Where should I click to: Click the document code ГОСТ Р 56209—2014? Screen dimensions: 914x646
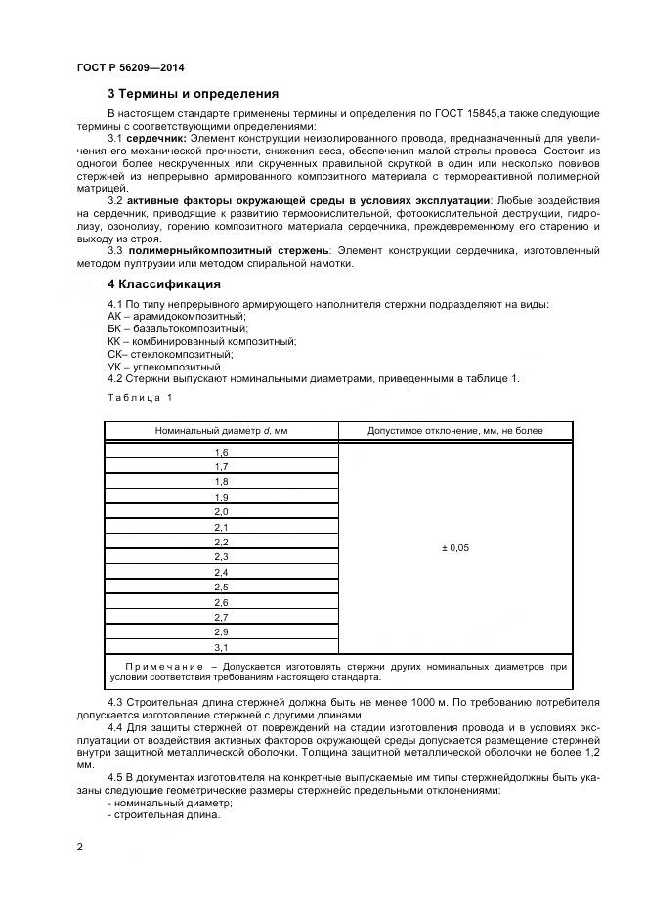tap(130, 67)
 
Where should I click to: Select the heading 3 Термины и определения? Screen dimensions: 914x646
tap(193, 94)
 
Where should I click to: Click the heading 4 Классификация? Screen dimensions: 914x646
tap(163, 285)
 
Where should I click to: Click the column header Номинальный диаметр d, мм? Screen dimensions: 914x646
tap(221, 430)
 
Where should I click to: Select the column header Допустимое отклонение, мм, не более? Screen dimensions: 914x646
tap(455, 430)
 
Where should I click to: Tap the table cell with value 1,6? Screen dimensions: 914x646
tap(221, 453)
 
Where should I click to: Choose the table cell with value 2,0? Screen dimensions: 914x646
tap(221, 512)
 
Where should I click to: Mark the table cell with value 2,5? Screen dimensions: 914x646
tap(221, 587)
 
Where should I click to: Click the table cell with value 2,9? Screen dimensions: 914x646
tap(221, 632)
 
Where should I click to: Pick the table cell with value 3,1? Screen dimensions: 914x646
tap(221, 647)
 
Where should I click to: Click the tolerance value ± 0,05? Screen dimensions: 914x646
tap(455, 548)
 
